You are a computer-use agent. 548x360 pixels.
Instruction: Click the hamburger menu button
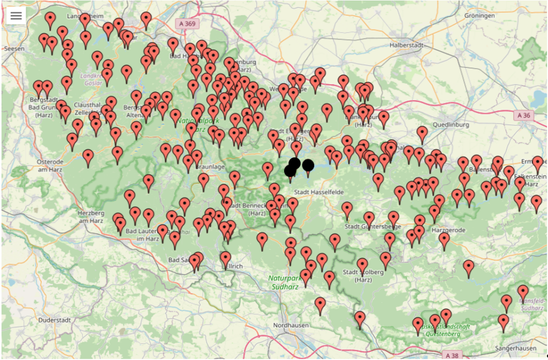click(x=16, y=16)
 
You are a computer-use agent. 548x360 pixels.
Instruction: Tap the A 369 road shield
click(x=186, y=24)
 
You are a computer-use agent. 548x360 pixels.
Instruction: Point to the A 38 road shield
click(x=452, y=355)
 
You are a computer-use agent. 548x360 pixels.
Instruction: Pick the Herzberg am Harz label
click(x=90, y=216)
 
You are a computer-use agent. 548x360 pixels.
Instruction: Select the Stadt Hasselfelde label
click(x=319, y=192)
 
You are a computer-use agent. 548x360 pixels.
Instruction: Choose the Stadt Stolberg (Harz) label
click(x=363, y=275)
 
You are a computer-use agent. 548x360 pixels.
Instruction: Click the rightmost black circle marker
click(x=308, y=165)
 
